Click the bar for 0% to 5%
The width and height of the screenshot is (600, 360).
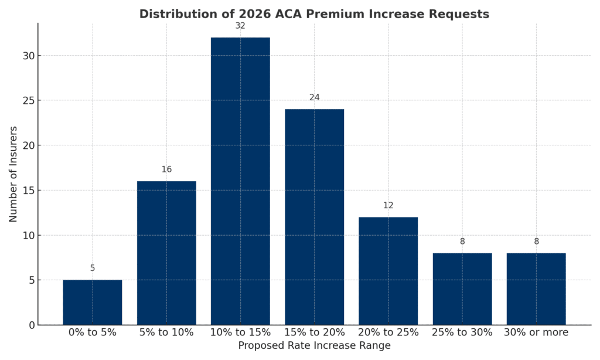[93, 302]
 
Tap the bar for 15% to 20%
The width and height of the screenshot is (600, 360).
[314, 217]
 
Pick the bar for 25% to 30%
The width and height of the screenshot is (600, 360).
[462, 288]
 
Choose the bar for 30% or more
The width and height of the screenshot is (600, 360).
[536, 288]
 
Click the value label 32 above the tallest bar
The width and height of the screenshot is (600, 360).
[240, 26]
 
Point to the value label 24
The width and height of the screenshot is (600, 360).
[314, 97]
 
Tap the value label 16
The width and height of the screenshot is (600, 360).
[166, 169]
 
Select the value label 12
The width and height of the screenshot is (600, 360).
[388, 205]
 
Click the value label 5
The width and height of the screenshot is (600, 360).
[93, 269]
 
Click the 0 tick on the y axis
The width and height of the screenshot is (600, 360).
[30, 325]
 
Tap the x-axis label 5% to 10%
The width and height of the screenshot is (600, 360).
[166, 332]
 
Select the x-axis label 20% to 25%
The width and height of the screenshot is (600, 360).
[388, 332]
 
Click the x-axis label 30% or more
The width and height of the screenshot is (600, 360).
[536, 332]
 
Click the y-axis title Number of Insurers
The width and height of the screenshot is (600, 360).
[13, 174]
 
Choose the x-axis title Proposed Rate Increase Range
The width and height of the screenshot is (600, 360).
[314, 346]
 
